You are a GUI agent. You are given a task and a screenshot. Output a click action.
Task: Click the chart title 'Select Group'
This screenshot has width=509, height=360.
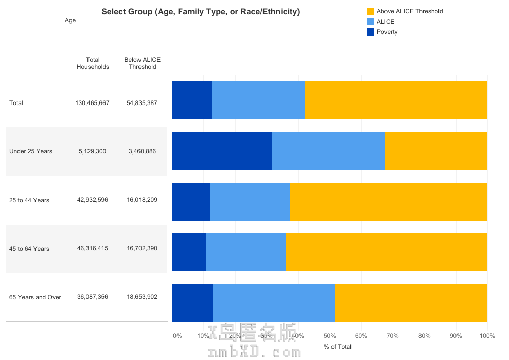(200, 11)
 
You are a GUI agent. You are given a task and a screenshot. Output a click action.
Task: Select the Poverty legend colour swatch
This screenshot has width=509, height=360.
(370, 32)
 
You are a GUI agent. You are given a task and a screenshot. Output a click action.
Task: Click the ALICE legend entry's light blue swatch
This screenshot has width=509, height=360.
(370, 22)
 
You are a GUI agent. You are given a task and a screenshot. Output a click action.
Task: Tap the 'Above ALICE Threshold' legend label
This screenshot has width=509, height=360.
(409, 11)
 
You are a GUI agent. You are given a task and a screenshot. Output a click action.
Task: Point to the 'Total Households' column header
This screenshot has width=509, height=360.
(93, 63)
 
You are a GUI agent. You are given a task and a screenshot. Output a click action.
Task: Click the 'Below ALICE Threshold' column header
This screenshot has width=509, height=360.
(143, 63)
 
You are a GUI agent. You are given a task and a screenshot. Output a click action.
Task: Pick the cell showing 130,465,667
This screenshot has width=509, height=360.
(92, 103)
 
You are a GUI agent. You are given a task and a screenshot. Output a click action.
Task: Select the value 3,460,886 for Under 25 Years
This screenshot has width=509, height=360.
(142, 151)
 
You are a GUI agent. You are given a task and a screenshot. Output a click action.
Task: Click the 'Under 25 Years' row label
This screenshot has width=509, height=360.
(31, 151)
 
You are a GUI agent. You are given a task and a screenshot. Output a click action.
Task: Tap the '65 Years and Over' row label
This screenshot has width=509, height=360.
(35, 297)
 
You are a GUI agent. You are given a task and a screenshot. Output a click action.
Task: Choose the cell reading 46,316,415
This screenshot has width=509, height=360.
(93, 248)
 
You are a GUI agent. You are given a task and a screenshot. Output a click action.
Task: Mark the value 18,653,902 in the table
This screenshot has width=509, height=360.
(142, 297)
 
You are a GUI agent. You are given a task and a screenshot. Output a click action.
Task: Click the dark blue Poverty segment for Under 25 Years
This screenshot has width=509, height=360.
(222, 151)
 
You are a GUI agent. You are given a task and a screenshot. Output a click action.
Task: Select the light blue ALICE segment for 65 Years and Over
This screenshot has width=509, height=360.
(273, 303)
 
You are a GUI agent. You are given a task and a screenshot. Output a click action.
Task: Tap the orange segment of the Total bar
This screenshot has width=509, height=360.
(395, 100)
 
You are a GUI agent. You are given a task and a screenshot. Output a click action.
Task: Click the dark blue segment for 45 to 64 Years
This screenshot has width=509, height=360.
(189, 252)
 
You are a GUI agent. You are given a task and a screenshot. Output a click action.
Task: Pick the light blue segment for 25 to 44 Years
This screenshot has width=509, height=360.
(250, 202)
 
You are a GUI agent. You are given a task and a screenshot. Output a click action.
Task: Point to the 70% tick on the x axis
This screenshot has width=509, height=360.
(393, 336)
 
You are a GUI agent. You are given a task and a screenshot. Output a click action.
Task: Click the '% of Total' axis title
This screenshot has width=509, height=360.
(338, 347)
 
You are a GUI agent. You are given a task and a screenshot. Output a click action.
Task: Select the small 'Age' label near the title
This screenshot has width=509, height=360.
(70, 20)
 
